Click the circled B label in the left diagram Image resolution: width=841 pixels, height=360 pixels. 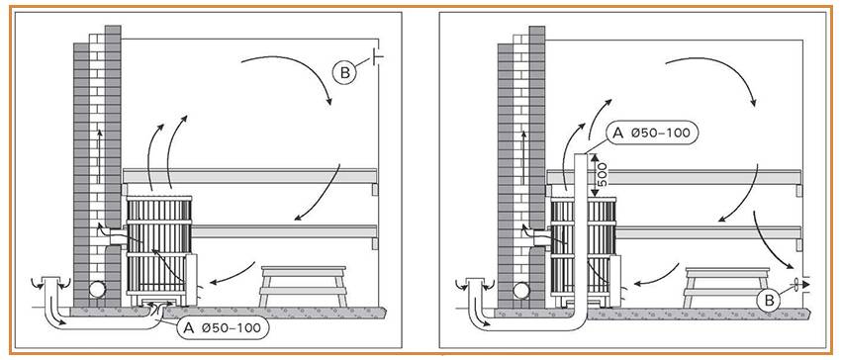(x=344, y=72)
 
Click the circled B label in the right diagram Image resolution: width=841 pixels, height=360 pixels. (x=769, y=301)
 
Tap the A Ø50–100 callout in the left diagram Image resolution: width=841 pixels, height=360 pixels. (x=223, y=328)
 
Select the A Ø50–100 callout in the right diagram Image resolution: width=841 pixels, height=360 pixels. (x=652, y=133)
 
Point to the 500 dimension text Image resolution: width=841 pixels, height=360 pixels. (x=603, y=175)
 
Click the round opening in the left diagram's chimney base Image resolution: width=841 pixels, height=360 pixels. (x=97, y=290)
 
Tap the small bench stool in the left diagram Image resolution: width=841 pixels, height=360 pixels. (x=303, y=287)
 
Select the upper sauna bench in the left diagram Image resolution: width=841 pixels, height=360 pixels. (x=250, y=176)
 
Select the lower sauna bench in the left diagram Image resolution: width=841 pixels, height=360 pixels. (x=285, y=231)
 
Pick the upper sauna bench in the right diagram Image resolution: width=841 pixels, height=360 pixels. (x=674, y=177)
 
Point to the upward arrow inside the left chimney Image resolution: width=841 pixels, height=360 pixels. (x=99, y=155)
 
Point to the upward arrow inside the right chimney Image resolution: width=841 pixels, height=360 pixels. (x=523, y=156)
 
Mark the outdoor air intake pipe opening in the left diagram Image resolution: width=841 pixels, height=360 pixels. (x=52, y=281)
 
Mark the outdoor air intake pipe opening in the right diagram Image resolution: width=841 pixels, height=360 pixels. (x=476, y=282)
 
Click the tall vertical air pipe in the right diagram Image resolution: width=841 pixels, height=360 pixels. (x=582, y=236)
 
